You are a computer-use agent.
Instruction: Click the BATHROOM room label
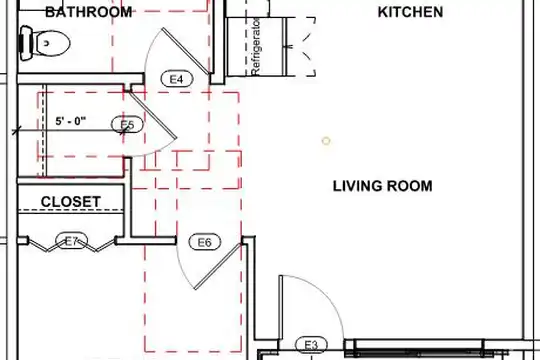[89, 12]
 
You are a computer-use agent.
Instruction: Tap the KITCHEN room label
[410, 12]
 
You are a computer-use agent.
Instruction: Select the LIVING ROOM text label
[382, 186]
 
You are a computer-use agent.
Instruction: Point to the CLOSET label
[71, 202]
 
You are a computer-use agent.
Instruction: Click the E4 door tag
[177, 79]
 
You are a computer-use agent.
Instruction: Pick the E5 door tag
[127, 124]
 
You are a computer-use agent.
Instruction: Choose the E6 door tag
[205, 242]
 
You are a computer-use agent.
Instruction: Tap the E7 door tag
[72, 241]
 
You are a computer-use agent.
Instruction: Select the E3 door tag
[311, 344]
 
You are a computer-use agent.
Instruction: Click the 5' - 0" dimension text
[71, 121]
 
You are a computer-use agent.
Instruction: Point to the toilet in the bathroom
[44, 43]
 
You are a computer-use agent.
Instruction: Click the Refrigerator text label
[256, 47]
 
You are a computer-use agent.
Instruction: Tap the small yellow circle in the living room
[326, 141]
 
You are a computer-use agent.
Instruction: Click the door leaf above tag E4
[186, 51]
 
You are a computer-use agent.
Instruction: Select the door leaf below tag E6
[219, 266]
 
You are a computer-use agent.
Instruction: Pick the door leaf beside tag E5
[152, 115]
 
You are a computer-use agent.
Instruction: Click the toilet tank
[25, 43]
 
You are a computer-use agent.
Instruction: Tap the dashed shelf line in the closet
[71, 210]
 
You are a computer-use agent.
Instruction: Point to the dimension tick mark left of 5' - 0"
[16, 131]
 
